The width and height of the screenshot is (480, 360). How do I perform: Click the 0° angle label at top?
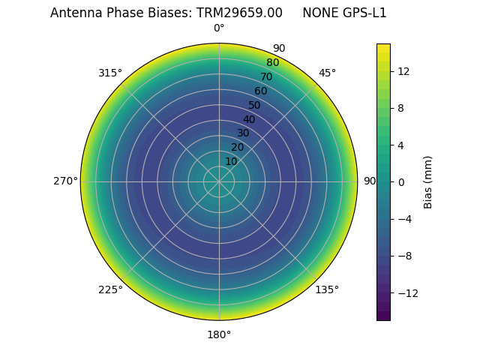(219, 28)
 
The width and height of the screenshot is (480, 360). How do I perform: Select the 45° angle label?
(327, 73)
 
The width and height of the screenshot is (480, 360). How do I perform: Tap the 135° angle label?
(327, 289)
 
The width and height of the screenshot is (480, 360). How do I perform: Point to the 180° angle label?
(219, 334)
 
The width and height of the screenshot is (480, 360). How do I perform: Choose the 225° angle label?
(110, 289)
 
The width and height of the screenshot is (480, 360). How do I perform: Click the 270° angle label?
(65, 181)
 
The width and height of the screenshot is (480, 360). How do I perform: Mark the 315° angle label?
(110, 73)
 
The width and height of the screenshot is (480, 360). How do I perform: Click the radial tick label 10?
(231, 161)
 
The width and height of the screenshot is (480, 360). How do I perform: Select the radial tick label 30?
(243, 133)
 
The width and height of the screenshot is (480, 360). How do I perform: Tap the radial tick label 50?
(254, 106)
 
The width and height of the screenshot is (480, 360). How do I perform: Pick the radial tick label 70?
(266, 77)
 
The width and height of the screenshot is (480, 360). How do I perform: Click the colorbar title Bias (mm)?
(428, 182)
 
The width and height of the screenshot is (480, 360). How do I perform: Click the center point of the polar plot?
(219, 181)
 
